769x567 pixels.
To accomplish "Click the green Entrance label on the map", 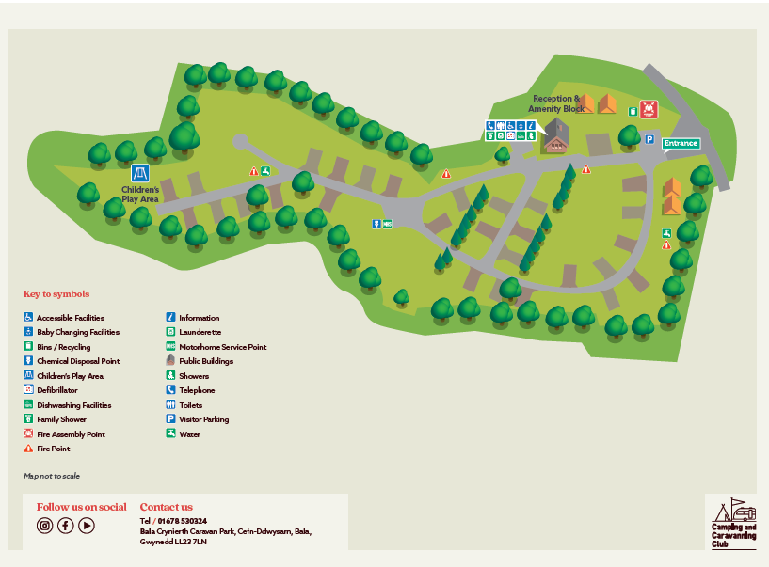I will pyautogui.click(x=681, y=143).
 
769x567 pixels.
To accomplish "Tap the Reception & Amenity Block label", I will pyautogui.click(x=557, y=103).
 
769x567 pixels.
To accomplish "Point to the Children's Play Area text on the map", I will pyautogui.click(x=140, y=194).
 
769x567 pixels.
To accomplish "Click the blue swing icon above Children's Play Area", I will pyautogui.click(x=140, y=173).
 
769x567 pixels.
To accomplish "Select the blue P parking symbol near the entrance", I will pyautogui.click(x=649, y=140).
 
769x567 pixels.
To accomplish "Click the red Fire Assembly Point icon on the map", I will pyautogui.click(x=648, y=109).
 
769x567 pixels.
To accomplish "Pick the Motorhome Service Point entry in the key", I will pyautogui.click(x=222, y=347).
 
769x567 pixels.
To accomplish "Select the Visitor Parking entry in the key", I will pyautogui.click(x=203, y=419).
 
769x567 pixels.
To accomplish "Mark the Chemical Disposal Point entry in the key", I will pyautogui.click(x=77, y=361).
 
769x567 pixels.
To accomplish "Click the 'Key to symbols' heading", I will pyautogui.click(x=56, y=294).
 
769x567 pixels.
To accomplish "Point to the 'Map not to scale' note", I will pyautogui.click(x=52, y=476).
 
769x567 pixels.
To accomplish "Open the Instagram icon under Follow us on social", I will pyautogui.click(x=44, y=526).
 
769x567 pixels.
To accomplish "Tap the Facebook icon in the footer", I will pyautogui.click(x=66, y=526).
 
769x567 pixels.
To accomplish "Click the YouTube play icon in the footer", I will pyautogui.click(x=87, y=526).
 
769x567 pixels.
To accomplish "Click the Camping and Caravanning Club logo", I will pyautogui.click(x=731, y=523).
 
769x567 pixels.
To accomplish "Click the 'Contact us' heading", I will pyautogui.click(x=166, y=507).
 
